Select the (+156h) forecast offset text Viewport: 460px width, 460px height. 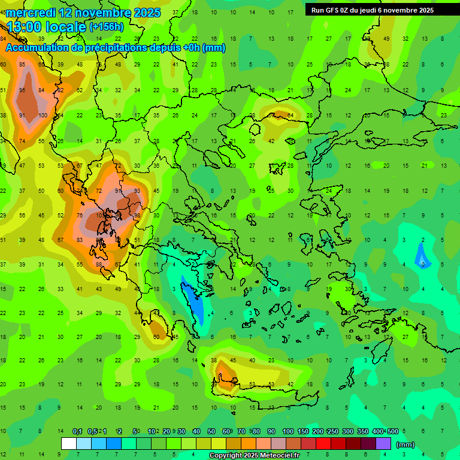click(x=107, y=26)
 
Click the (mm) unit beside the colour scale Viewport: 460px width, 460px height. click(x=405, y=444)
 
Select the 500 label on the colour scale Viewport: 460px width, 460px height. click(x=392, y=431)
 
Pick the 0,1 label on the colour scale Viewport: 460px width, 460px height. click(x=77, y=431)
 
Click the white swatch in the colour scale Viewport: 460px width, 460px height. click(x=69, y=444)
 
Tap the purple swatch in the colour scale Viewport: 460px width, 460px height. click(x=383, y=444)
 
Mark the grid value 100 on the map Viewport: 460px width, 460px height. click(x=43, y=115)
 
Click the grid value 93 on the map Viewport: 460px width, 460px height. click(x=137, y=190)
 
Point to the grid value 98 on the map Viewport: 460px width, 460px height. click(x=137, y=215)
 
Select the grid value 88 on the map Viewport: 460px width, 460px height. click(x=99, y=264)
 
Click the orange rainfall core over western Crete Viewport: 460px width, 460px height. click(x=226, y=374)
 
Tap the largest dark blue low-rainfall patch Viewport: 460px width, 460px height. click(x=194, y=299)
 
